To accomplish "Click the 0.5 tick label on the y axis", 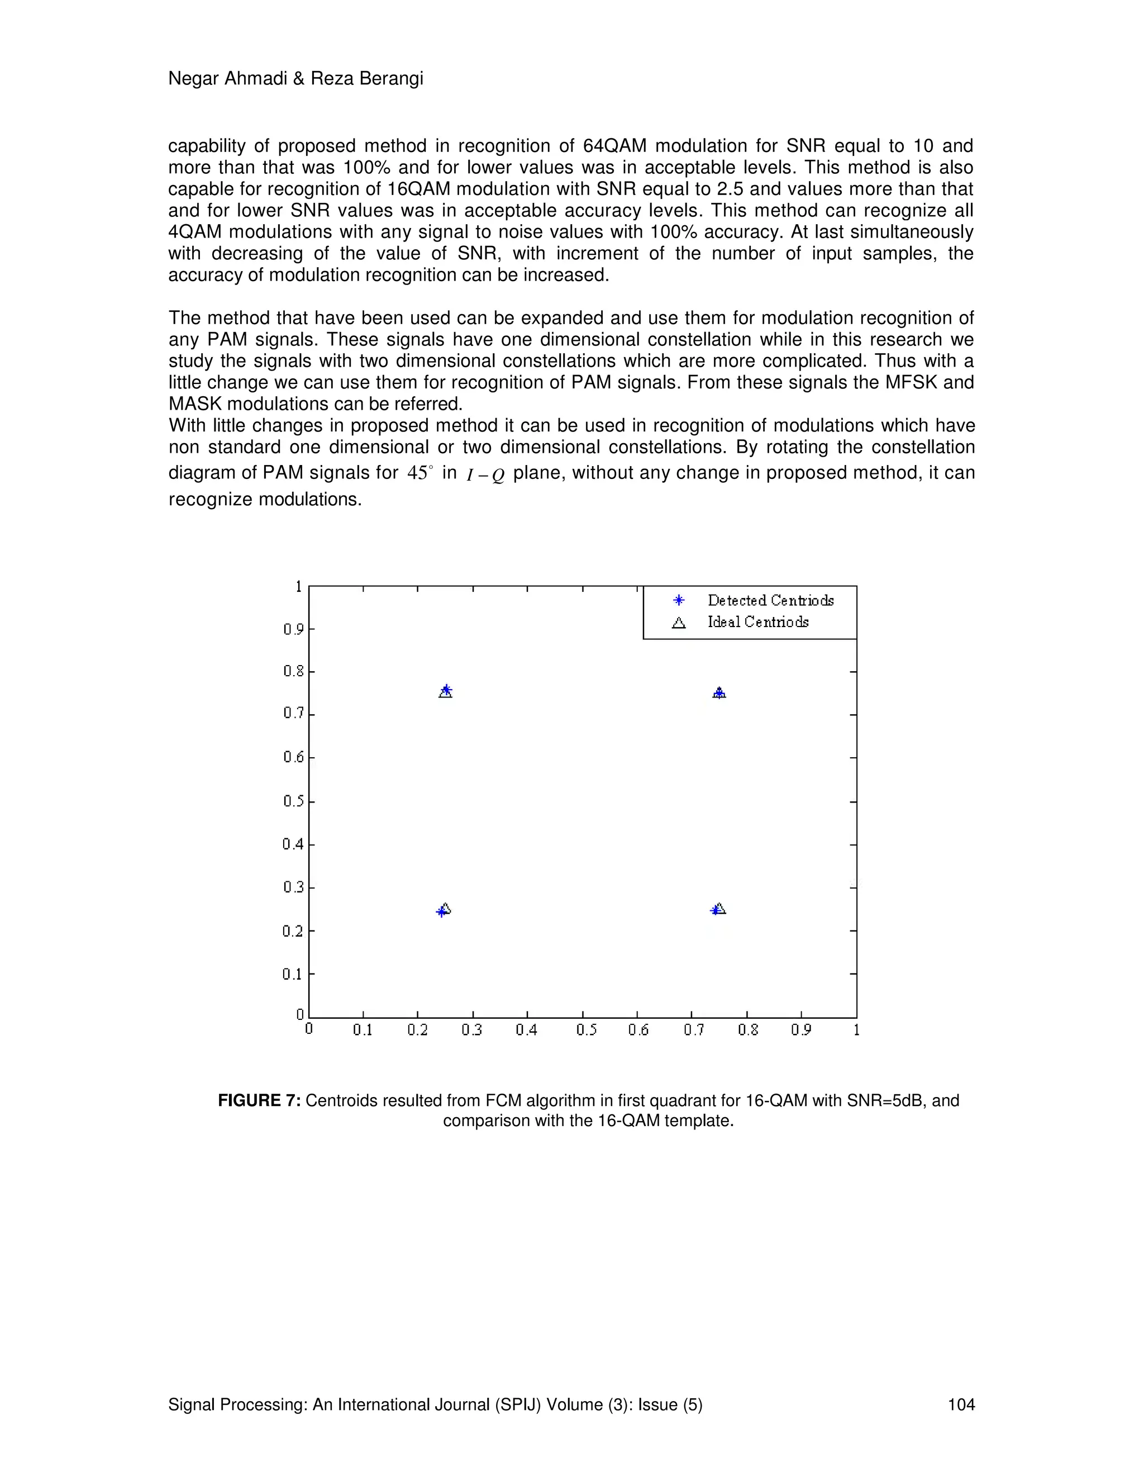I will pyautogui.click(x=293, y=801).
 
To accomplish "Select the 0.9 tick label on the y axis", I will pyautogui.click(x=293, y=629).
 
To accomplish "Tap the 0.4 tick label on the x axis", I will pyautogui.click(x=527, y=1030).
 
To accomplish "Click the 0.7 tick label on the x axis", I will pyautogui.click(x=693, y=1030).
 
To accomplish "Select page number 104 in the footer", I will pyautogui.click(x=960, y=1404).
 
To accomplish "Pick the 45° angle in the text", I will pyautogui.click(x=420, y=473).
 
